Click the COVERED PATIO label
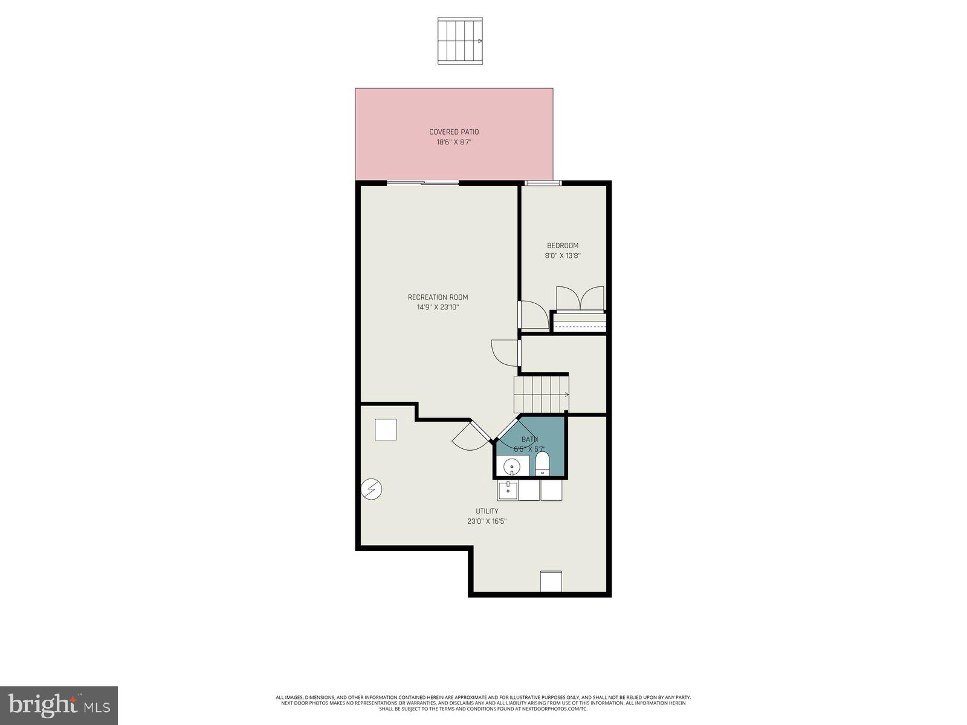pos(454,132)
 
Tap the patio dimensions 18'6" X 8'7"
pos(454,143)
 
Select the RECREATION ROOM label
pos(438,297)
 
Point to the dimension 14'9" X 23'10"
pos(438,308)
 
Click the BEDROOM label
pos(563,245)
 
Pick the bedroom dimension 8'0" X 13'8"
pos(563,256)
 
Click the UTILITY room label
pos(487,511)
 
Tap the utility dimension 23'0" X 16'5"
pos(487,521)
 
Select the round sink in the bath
pos(512,466)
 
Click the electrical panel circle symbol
pos(371,489)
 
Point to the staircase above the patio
pos(460,40)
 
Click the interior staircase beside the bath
pos(541,394)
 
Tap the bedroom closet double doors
pos(580,298)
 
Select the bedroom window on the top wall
pos(543,183)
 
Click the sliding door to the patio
pos(422,182)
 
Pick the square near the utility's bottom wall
pos(551,581)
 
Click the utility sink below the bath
pos(508,490)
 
